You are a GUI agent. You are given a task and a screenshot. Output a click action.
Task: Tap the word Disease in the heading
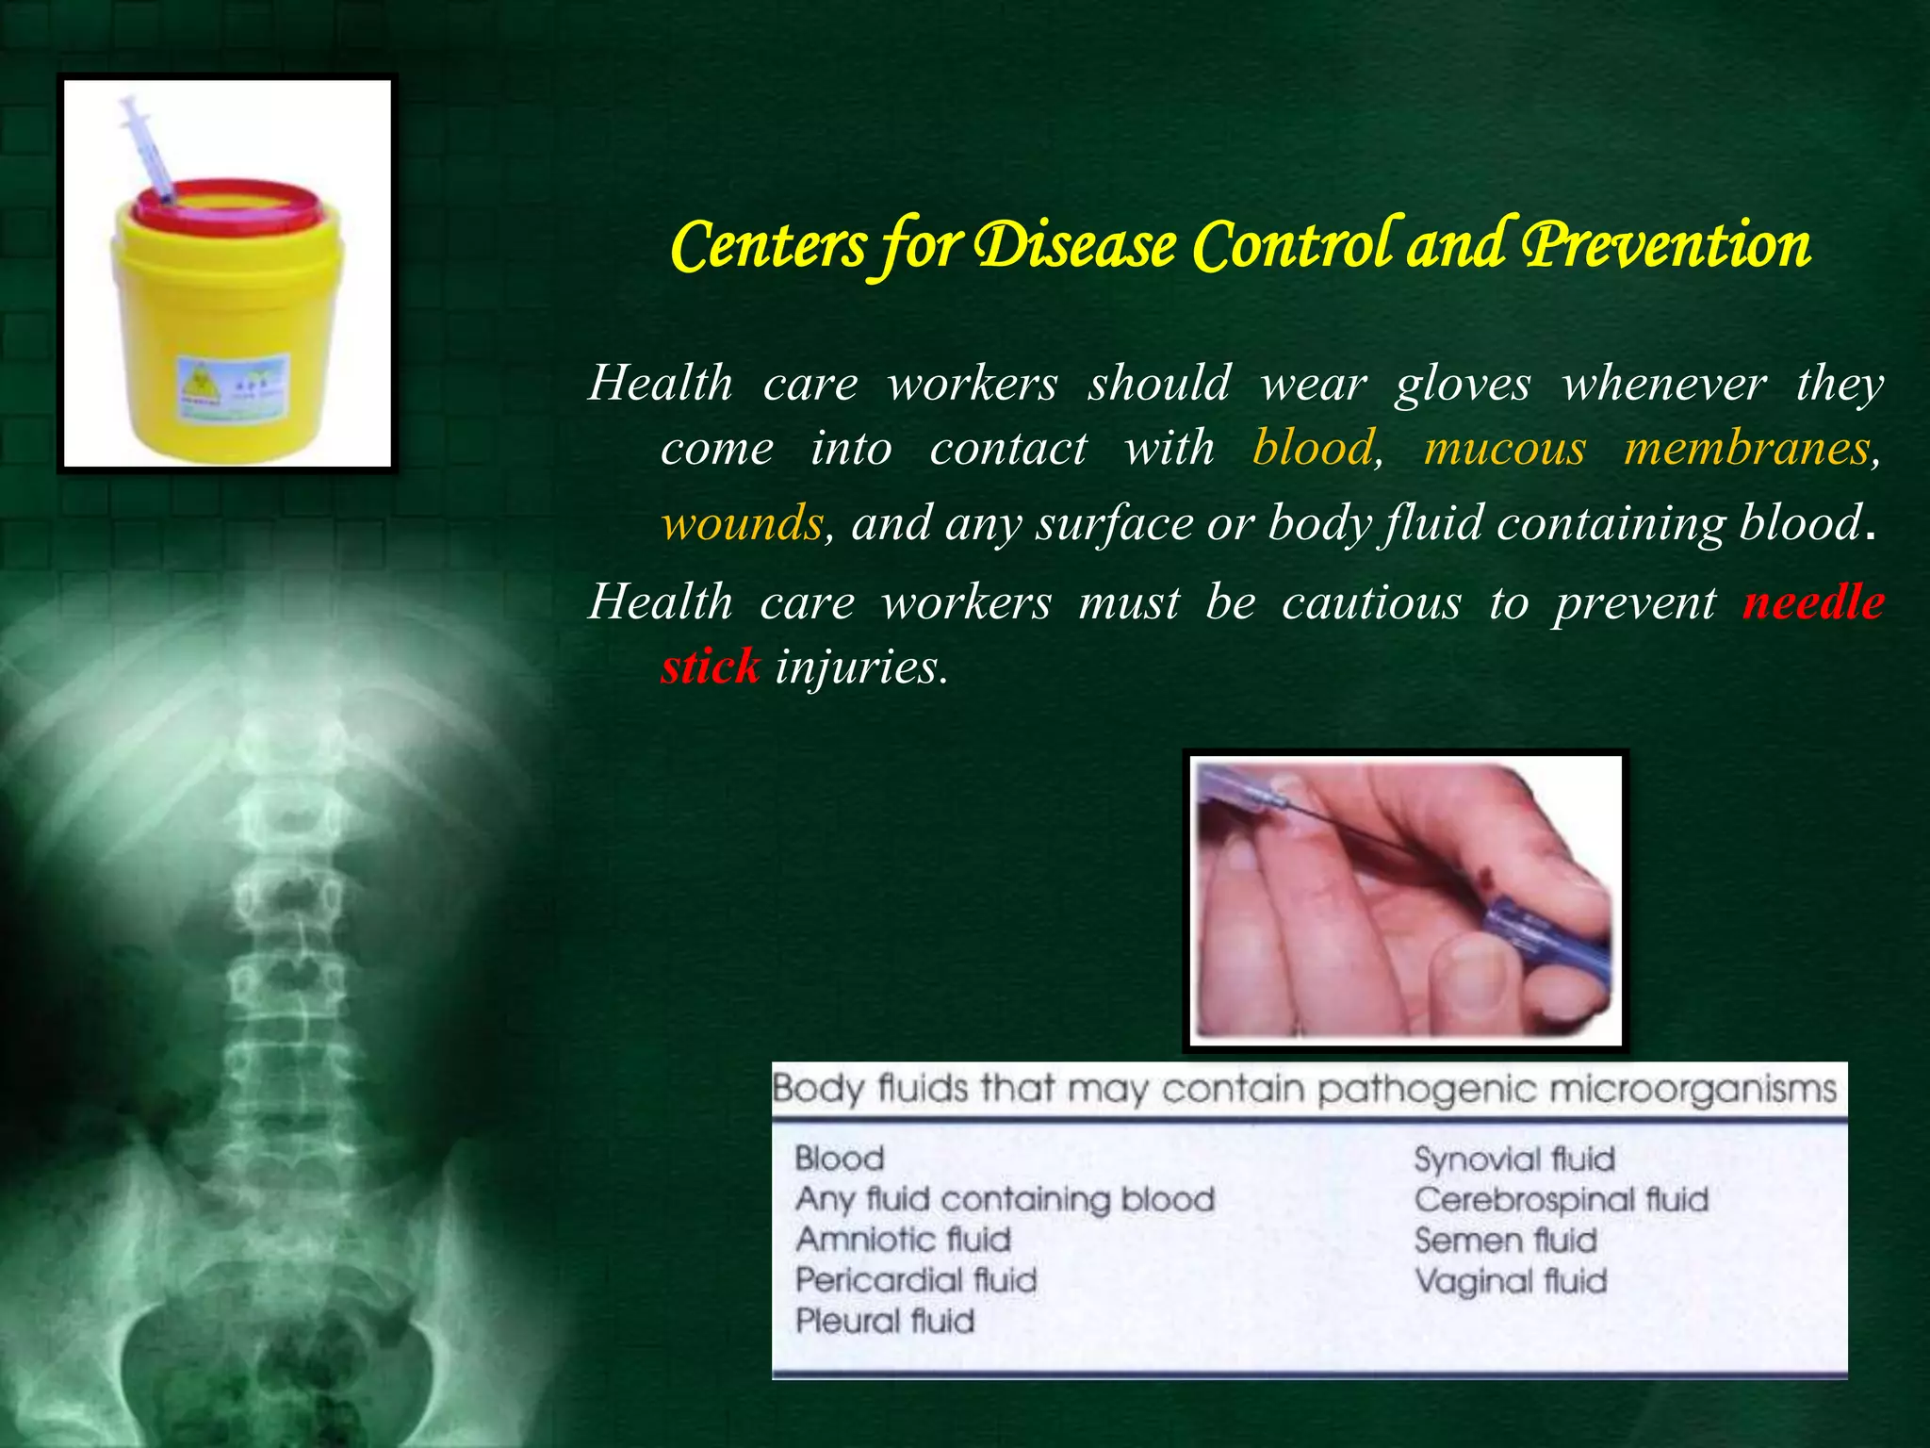pos(1074,245)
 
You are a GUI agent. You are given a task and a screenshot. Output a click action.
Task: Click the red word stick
pos(710,666)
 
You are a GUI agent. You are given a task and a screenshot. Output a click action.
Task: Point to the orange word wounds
pos(742,523)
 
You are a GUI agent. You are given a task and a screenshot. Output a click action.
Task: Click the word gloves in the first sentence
pos(1463,384)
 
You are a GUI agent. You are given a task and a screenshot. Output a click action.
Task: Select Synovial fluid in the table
pos(1514,1159)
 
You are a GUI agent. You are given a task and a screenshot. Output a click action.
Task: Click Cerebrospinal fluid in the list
pos(1561,1199)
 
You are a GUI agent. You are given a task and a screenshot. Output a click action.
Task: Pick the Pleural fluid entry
pos(884,1321)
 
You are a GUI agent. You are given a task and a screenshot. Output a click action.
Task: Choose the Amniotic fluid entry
pos(903,1239)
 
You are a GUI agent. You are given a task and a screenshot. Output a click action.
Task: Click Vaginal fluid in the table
pos(1511,1281)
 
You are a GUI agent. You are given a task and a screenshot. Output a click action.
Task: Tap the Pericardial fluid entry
pos(916,1279)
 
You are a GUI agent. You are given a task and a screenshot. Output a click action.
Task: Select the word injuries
pos(860,666)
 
